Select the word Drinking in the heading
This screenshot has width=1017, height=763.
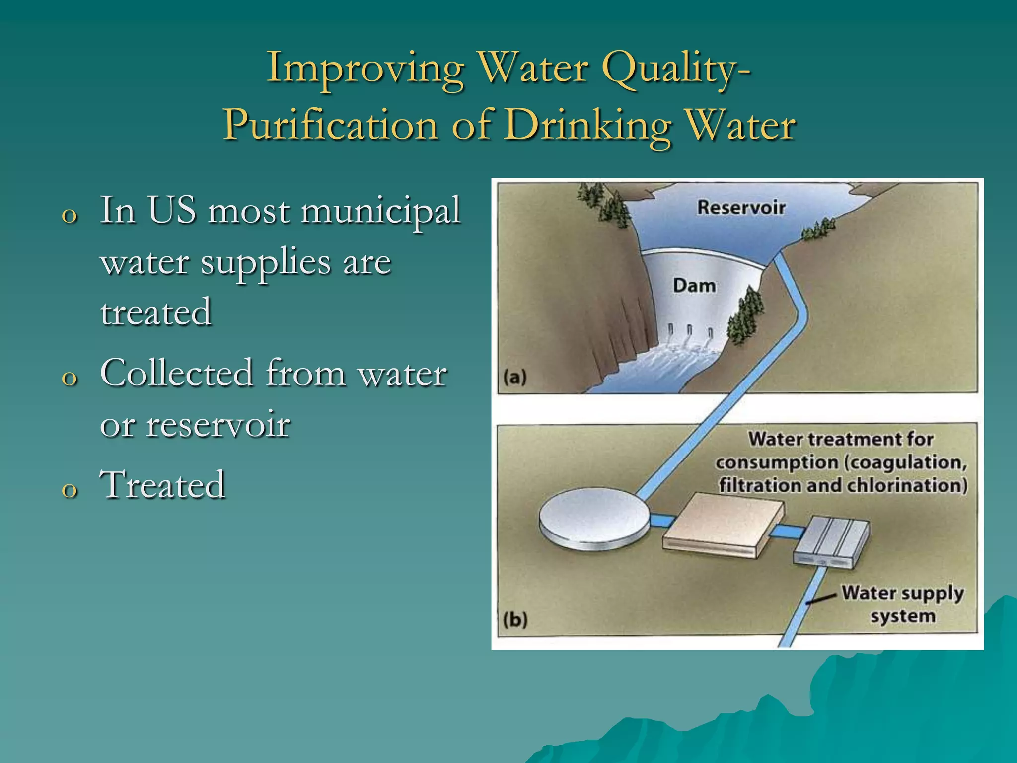pos(589,125)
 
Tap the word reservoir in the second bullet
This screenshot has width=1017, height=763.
pos(218,425)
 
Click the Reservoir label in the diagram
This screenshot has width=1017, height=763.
pos(741,207)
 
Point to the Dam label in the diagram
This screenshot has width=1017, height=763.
pos(694,286)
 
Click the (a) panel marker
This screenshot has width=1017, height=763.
pos(514,377)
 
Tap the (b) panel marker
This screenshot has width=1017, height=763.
pos(514,620)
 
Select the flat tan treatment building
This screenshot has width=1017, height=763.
pos(723,526)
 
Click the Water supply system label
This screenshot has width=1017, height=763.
pos(902,604)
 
